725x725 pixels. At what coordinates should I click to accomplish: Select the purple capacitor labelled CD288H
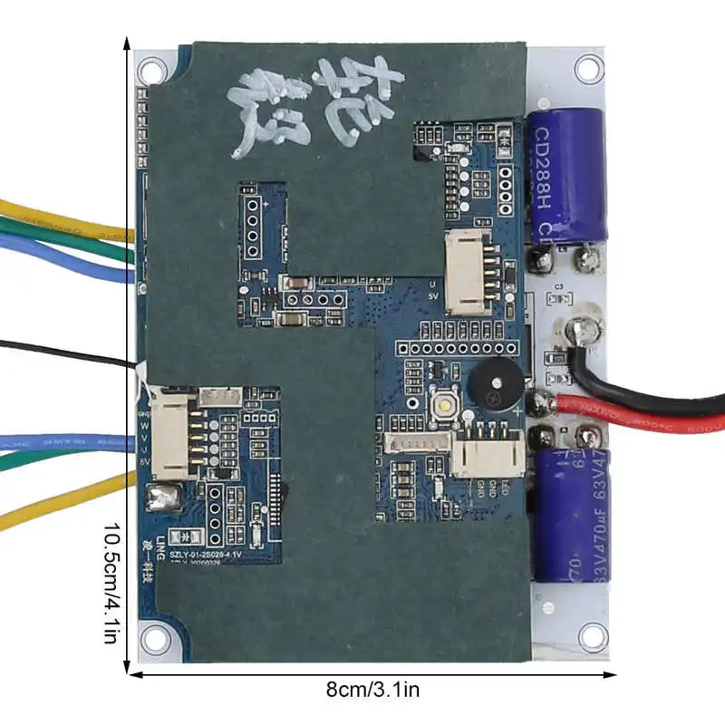tap(567, 172)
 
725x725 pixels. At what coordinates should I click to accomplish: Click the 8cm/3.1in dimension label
tap(372, 690)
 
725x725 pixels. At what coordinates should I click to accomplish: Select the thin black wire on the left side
tap(63, 353)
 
